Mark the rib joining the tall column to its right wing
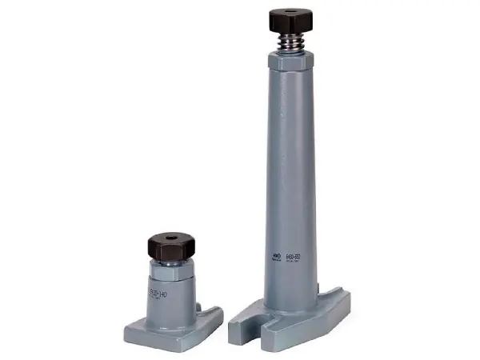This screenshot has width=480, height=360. [324, 293]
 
